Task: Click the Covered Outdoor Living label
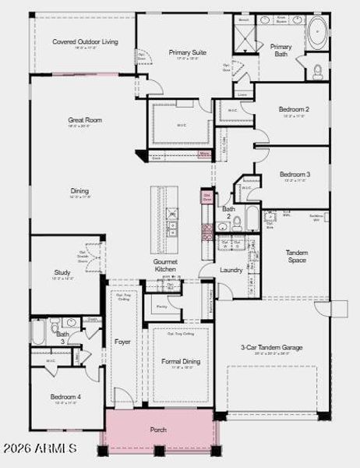[85, 41]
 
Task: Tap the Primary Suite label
[188, 52]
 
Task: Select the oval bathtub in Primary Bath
[318, 34]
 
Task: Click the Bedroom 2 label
[295, 109]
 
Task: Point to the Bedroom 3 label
[295, 174]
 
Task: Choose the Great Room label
[85, 120]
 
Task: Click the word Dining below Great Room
[79, 190]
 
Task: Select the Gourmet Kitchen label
[165, 265]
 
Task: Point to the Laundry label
[231, 270]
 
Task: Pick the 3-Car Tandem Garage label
[270, 347]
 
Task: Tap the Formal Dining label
[181, 361]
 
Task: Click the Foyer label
[123, 342]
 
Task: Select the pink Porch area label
[158, 430]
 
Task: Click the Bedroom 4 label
[65, 397]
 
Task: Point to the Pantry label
[162, 307]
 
